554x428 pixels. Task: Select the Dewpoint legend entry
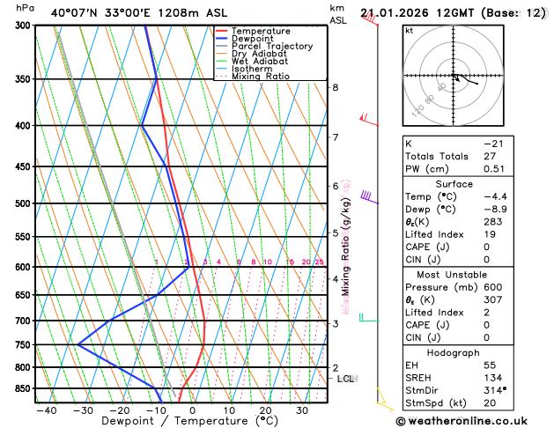[252, 39]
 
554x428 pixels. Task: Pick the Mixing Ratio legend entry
[261, 77]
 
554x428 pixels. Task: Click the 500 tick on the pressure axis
[23, 203]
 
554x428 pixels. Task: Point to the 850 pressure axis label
[23, 388]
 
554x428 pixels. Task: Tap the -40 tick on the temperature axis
[46, 410]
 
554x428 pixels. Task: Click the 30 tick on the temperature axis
[301, 410]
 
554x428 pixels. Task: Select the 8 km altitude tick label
[335, 87]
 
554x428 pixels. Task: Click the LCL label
[345, 379]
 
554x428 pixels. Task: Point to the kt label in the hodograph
[409, 30]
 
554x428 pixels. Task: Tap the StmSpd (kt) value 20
[490, 403]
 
